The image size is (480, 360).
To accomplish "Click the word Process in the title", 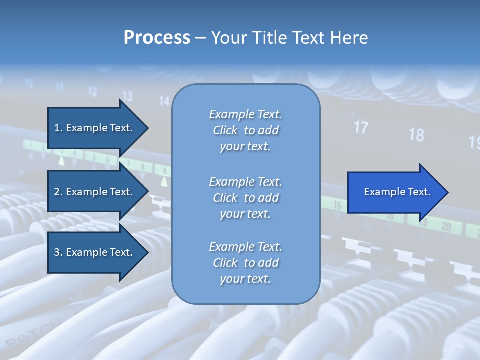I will coord(157,38).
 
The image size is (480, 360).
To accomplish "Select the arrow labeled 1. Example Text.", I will coord(93,128).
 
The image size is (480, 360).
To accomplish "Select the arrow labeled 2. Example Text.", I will coord(93,192).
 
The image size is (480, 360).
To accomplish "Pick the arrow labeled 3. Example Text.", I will coord(93,252).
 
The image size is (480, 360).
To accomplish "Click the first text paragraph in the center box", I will coord(245,130).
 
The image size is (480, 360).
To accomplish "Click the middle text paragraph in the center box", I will coord(245,197).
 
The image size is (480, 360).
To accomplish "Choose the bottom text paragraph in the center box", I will coord(245,263).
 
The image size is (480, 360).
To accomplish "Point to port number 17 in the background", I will coord(361,128).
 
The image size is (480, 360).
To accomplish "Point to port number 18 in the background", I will coord(416,135).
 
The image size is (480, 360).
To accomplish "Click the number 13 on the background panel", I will coord(127,96).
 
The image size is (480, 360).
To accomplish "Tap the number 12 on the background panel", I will coord(93,91).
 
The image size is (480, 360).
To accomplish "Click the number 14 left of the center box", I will coord(164,101).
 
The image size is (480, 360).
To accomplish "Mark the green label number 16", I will coord(337,205).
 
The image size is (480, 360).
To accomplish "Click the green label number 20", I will coord(446,227).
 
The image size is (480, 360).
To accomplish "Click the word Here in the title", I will coord(349,38).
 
